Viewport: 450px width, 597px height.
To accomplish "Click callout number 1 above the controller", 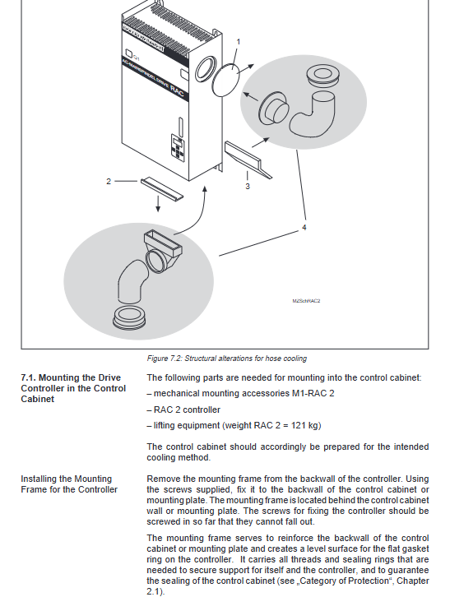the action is (x=239, y=41).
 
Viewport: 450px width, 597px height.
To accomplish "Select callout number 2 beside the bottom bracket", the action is (x=109, y=181).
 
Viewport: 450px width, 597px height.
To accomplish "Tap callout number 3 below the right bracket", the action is (x=248, y=186).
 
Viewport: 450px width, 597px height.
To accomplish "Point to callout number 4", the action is (x=304, y=227).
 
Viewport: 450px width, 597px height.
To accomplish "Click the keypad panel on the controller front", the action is (x=178, y=147).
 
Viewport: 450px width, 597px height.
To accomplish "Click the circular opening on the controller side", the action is (x=206, y=68).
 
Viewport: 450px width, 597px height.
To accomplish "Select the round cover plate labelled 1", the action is (x=225, y=81).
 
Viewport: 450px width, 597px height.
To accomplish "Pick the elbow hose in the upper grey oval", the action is (x=314, y=114).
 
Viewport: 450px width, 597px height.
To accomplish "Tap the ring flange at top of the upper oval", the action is (x=322, y=76).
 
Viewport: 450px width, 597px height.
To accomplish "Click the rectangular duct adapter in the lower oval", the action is (x=163, y=251).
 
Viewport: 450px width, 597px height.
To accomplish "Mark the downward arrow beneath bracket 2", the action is (x=158, y=204).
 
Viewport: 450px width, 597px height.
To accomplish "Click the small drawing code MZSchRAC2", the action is (x=306, y=301).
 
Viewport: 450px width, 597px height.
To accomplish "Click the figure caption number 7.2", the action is (x=175, y=359).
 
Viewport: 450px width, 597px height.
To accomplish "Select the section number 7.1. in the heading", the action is (x=29, y=377).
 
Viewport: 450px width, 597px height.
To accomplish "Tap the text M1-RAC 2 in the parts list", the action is (x=313, y=393).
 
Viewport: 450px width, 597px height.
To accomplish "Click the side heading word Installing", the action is (x=39, y=479).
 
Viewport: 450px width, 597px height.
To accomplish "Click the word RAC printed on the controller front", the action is (x=177, y=91).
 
